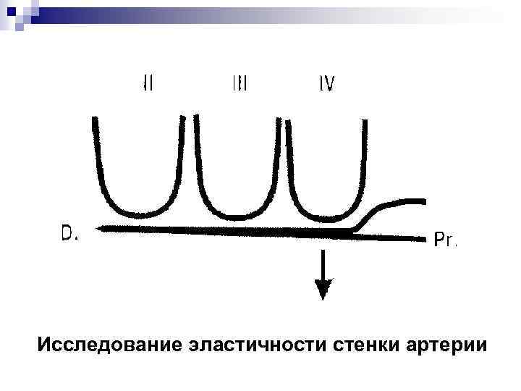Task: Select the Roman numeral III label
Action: click(x=240, y=83)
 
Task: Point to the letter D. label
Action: click(x=69, y=233)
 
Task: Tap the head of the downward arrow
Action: click(x=323, y=290)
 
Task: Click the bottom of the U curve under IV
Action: click(x=323, y=215)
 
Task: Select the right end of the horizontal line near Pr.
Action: click(x=427, y=236)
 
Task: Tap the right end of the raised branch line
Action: click(x=423, y=200)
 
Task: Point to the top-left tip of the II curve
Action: click(x=95, y=120)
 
